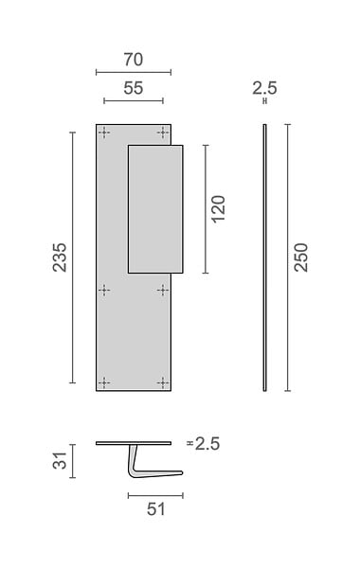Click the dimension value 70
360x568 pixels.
[x=134, y=60]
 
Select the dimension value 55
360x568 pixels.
[x=134, y=88]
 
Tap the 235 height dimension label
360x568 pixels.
[x=60, y=257]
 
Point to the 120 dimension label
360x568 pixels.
[x=218, y=209]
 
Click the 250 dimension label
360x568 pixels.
[x=301, y=257]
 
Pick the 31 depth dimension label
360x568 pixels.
[x=60, y=461]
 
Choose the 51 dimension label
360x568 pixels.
[x=156, y=509]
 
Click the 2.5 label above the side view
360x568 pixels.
[x=264, y=88]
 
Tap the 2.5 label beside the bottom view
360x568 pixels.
[x=207, y=444]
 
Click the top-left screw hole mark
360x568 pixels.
[x=104, y=133]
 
